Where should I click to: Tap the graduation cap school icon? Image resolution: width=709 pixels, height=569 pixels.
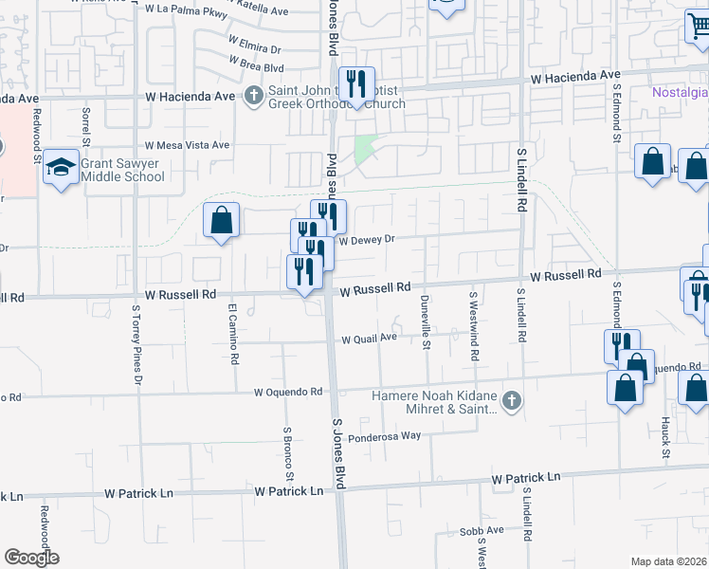tap(61, 168)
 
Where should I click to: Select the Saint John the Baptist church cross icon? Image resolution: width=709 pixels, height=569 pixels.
tap(253, 95)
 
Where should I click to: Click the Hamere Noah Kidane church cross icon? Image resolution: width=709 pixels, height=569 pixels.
tap(511, 401)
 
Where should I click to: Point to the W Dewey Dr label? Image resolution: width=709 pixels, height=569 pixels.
tap(366, 240)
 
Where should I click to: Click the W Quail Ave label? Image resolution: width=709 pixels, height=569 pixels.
tap(369, 339)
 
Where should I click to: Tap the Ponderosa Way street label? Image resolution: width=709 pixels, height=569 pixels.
tap(384, 436)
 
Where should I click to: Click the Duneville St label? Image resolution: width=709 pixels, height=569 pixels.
tap(426, 322)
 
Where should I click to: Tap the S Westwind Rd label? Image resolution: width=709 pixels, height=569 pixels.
tap(474, 325)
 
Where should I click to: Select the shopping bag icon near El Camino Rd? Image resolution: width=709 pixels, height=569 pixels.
tap(221, 221)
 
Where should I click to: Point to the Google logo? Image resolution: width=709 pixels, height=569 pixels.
tap(31, 558)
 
